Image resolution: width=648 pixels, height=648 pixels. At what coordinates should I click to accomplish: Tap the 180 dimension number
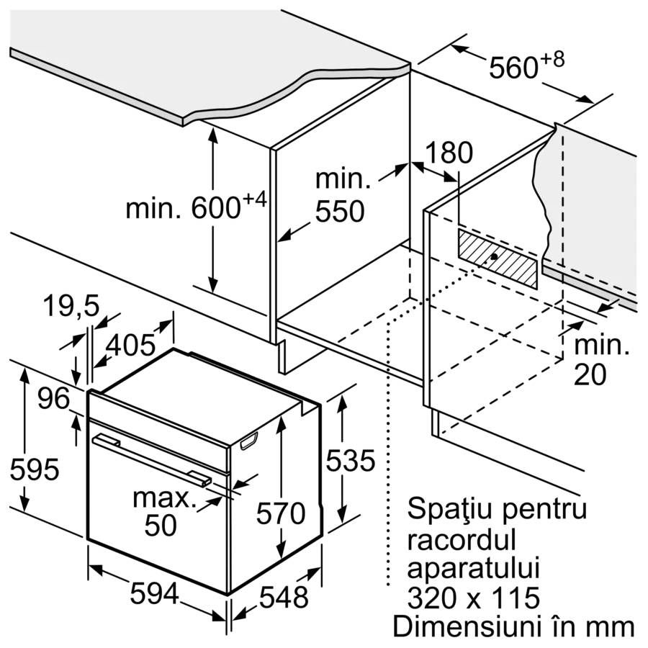coord(449,153)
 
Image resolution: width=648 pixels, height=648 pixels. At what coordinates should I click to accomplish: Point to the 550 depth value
coord(340,212)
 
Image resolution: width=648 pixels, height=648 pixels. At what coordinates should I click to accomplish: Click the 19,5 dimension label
coord(71,306)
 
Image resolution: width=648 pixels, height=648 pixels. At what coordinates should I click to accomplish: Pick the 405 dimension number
coord(130,345)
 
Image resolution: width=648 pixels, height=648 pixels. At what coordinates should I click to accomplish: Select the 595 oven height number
coord(35,470)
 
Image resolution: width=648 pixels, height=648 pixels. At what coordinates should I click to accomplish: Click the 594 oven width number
coord(155,593)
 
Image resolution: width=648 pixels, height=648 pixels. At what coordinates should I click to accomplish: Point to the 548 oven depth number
coord(284,597)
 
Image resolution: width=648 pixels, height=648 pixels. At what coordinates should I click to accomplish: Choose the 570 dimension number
coord(281,513)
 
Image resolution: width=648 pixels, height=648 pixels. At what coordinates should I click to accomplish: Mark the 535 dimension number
coord(351,460)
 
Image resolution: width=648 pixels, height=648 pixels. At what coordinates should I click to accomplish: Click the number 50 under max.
coord(161,526)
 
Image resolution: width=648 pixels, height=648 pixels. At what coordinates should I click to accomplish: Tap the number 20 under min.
coord(590,375)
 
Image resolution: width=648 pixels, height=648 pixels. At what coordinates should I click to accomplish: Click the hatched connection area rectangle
coord(498,258)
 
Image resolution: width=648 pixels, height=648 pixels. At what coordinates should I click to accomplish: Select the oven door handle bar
coord(152,459)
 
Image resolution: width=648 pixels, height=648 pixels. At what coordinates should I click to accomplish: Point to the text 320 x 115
coord(474,598)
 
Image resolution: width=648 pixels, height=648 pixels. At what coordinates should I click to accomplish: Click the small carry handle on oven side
coord(248,441)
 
